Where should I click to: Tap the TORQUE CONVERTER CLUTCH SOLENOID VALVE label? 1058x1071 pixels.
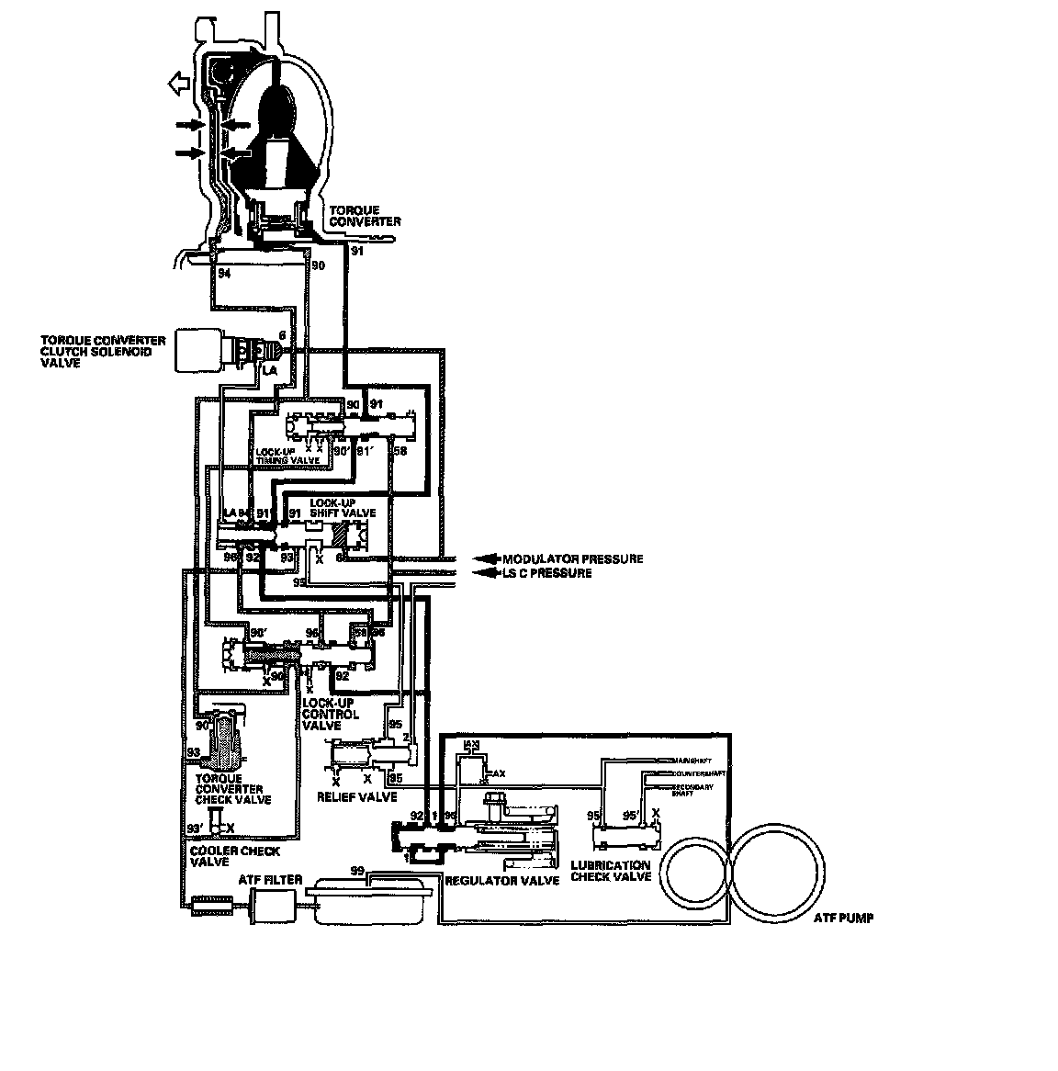coord(103,351)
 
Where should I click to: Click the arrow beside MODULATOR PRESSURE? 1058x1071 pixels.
coord(484,558)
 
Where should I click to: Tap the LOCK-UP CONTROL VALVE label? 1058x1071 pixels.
coord(331,714)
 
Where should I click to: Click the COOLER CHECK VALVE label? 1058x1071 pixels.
coord(234,856)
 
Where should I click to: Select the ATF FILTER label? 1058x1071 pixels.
coord(270,880)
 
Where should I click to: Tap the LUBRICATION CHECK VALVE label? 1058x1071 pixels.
coord(611,871)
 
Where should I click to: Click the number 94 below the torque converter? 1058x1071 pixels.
coord(224,274)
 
